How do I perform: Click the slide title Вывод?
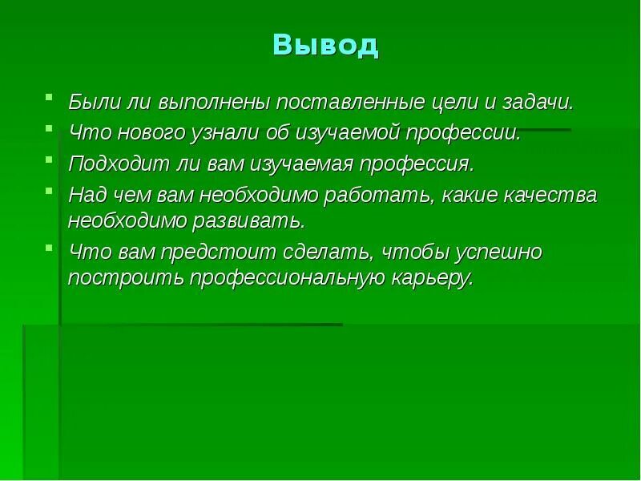click(x=325, y=46)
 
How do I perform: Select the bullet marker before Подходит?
click(x=50, y=160)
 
